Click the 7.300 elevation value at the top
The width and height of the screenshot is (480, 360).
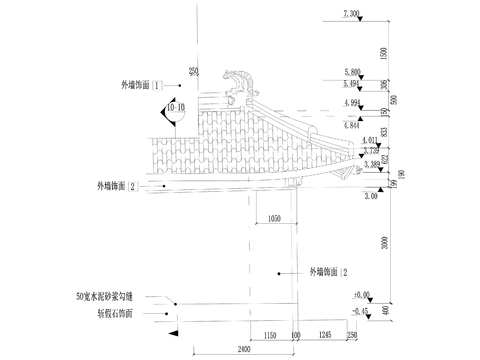352,14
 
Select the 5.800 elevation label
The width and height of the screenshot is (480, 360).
352,73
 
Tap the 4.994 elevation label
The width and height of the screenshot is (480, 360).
352,102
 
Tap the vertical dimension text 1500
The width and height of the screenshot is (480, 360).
384,52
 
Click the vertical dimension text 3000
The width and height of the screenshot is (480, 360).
384,243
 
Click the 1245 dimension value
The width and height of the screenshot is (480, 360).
327,333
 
